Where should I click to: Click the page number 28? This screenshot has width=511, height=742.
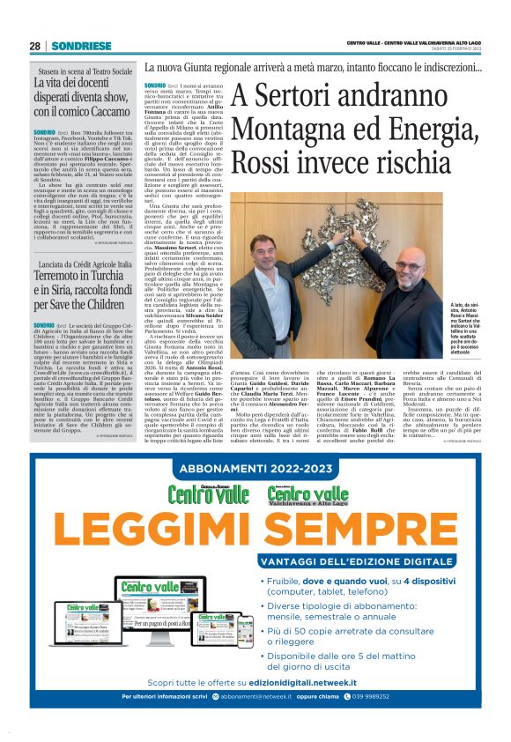tap(34, 46)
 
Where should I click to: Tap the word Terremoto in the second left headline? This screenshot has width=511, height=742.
tap(65, 276)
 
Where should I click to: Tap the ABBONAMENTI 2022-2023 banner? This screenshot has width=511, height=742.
tap(255, 471)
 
